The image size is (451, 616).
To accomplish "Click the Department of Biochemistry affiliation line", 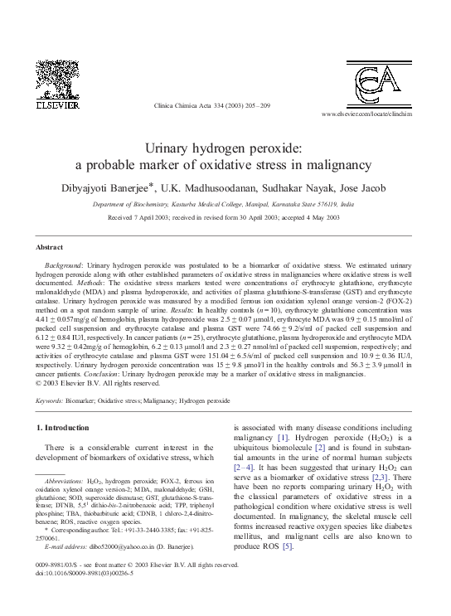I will pyautogui.click(x=223, y=202).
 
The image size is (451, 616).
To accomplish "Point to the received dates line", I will pyautogui.click(x=223, y=216).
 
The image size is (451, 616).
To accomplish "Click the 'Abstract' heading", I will pyautogui.click(x=50, y=248).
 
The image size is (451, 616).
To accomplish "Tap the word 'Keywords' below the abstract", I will pyautogui.click(x=49, y=400).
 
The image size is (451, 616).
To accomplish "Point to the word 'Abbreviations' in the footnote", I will pyautogui.click(x=61, y=480).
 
